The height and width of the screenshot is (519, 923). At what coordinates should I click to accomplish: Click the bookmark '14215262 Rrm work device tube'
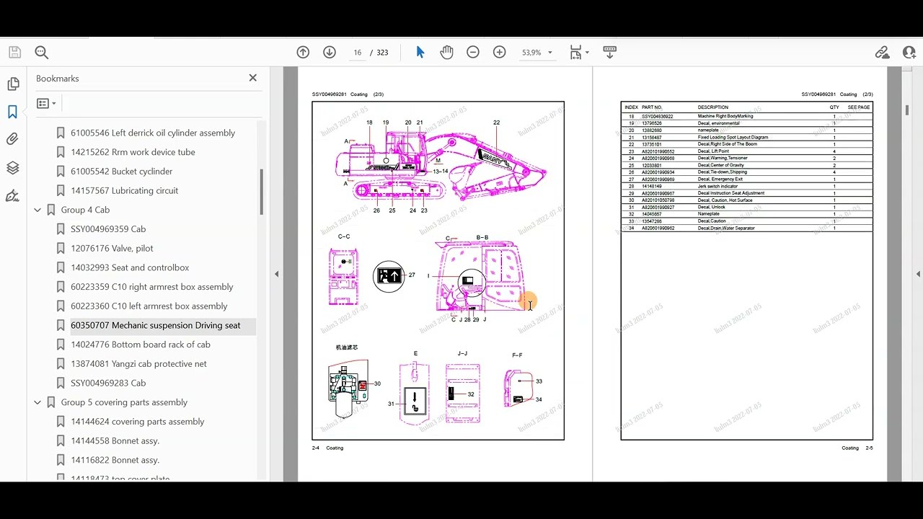click(x=133, y=152)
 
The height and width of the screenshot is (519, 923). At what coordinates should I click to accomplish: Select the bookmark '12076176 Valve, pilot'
click(x=112, y=248)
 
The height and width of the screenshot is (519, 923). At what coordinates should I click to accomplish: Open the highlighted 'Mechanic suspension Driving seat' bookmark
click(x=155, y=325)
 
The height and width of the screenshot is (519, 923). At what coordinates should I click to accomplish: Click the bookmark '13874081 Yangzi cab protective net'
click(x=138, y=363)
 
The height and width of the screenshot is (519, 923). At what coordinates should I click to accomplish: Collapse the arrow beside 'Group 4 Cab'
click(x=37, y=210)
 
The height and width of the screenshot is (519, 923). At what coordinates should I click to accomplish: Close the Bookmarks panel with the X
click(x=252, y=78)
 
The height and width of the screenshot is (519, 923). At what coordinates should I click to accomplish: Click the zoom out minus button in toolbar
click(x=473, y=52)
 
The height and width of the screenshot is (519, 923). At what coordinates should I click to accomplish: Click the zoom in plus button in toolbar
click(x=499, y=52)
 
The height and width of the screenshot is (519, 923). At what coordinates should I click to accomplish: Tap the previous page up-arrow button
click(x=303, y=52)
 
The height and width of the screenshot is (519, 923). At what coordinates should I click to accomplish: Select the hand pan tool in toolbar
click(x=446, y=52)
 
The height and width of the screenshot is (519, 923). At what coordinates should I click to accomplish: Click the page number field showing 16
click(x=357, y=53)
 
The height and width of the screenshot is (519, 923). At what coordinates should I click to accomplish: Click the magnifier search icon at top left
click(x=41, y=52)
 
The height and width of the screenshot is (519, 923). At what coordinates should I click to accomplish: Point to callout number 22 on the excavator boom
click(x=496, y=123)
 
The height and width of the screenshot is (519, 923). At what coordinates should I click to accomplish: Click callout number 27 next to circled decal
click(x=412, y=275)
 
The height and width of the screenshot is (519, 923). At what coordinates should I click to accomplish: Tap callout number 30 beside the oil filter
click(x=377, y=383)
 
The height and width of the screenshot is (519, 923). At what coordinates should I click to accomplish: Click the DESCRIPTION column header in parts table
click(x=712, y=107)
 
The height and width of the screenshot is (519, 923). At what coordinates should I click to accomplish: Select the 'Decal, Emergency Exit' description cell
click(x=720, y=179)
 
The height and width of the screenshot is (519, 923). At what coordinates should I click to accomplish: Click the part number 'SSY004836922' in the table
click(x=657, y=116)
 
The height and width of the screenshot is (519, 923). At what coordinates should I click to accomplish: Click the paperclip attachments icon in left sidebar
click(x=12, y=139)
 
